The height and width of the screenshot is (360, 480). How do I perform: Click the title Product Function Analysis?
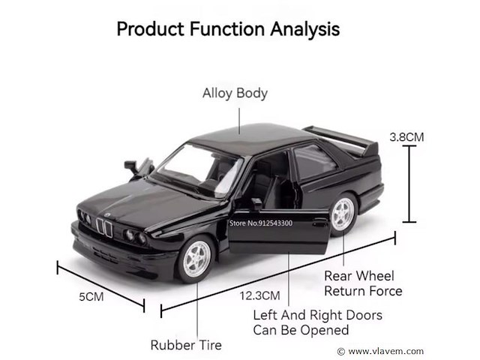point(228,29)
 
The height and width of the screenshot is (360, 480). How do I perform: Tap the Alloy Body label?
point(235,94)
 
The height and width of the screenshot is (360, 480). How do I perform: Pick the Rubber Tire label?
point(186,345)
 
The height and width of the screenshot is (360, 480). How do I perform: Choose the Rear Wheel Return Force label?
point(363,283)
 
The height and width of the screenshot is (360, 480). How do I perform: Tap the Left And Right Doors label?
point(317,322)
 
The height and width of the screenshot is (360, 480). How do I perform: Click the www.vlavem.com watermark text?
point(386,351)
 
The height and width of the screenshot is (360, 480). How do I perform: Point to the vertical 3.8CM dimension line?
point(409,184)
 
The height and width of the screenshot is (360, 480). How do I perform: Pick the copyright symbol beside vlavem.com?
point(341,351)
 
